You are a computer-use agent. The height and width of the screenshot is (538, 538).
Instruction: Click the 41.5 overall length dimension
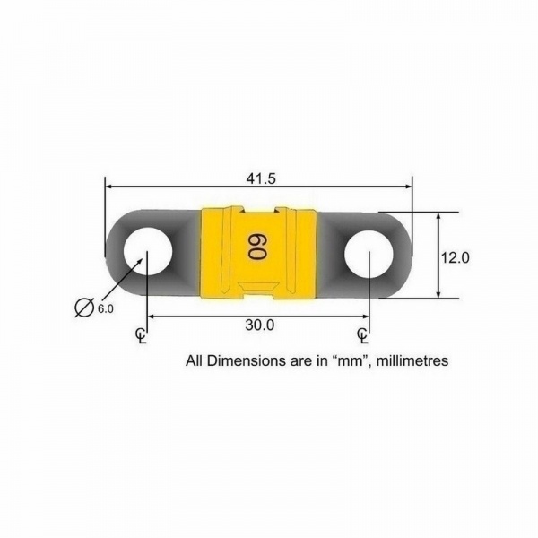coord(261,178)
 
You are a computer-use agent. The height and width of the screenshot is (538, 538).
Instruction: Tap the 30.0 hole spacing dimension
coord(260,325)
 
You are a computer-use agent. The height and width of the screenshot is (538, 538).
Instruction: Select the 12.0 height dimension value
coord(455,257)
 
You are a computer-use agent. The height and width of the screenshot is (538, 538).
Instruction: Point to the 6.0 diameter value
coord(106,308)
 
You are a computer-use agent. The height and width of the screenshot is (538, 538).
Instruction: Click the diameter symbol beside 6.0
coord(84,307)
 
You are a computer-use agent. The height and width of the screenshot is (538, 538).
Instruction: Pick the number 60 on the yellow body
coord(257,247)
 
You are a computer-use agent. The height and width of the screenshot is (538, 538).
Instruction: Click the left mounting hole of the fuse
coord(148,253)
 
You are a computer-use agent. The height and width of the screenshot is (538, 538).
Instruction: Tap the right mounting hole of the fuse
coord(369,253)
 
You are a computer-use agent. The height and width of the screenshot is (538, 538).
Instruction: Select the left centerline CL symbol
coord(141,335)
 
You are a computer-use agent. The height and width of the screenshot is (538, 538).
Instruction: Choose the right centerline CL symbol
coord(362,335)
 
